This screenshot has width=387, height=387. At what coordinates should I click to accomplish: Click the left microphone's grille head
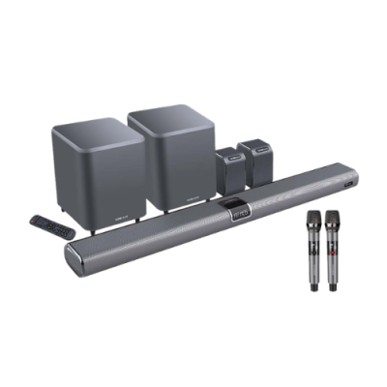pos(315,220)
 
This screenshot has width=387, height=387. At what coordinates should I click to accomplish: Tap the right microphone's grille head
pos(334,220)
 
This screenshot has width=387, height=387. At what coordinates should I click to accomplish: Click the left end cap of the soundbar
pos(70,255)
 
